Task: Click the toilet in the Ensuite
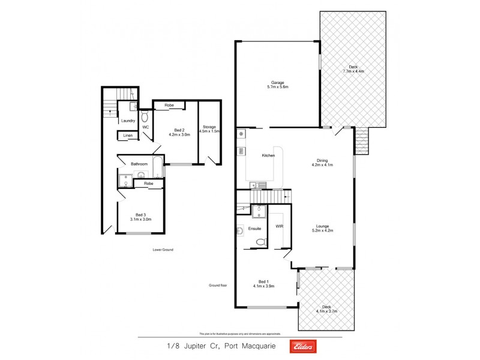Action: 260,242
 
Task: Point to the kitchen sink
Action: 256,184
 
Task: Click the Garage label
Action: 277,82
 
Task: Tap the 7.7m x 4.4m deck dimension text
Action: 353,71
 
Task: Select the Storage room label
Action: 210,127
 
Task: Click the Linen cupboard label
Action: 128,136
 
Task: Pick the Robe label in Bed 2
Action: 169,105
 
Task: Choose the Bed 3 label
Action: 141,215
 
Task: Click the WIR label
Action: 279,226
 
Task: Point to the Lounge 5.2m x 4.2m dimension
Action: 322,230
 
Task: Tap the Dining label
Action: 322,160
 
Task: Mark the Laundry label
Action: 128,121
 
